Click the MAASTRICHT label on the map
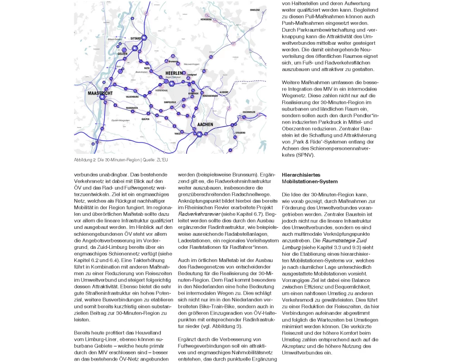tap(99, 92)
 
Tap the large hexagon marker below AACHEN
tap(199, 134)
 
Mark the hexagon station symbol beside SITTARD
tap(145, 38)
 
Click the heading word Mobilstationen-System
tap(309, 181)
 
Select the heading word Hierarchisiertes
tap(301, 174)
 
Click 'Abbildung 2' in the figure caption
tap(86, 160)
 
